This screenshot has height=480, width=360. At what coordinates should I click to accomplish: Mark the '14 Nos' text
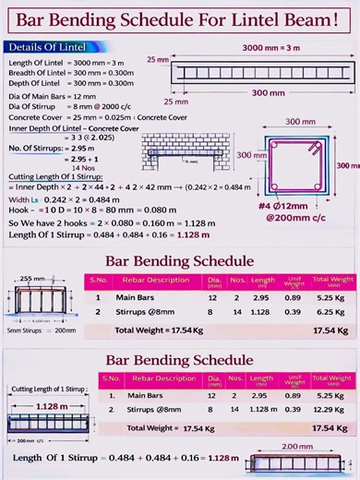tap(57, 167)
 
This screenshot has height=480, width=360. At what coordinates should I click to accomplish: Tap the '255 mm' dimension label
tap(32, 278)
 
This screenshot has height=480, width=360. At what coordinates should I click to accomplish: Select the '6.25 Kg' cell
tap(330, 312)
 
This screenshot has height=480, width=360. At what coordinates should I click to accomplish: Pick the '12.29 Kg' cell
tap(330, 409)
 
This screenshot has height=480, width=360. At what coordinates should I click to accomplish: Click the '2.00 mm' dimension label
tap(296, 446)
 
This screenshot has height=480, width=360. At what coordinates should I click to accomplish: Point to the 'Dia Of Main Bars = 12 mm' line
tap(52, 96)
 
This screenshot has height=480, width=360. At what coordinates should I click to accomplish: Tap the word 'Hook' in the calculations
tap(19, 210)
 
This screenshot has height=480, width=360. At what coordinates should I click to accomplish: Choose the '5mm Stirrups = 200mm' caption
tap(42, 330)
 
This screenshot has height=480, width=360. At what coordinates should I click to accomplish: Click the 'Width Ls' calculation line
tap(65, 198)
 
